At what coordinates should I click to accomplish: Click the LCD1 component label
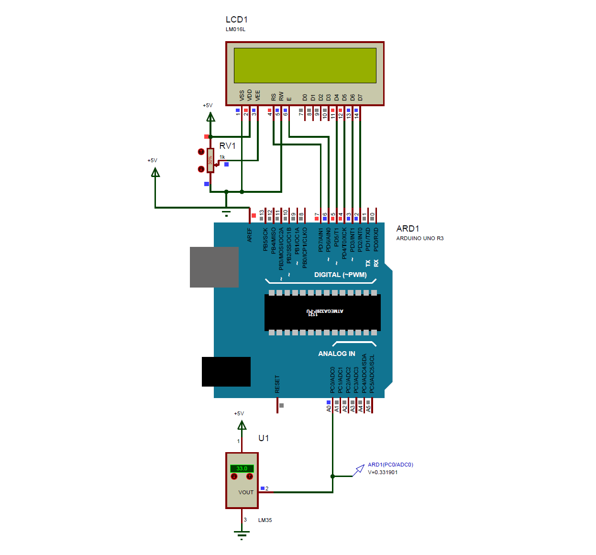coord(236,20)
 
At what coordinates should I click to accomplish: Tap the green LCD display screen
coord(305,65)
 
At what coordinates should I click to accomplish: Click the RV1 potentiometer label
coord(227,146)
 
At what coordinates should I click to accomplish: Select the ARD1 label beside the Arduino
coord(408,229)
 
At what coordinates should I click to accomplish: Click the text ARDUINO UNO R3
coord(419,238)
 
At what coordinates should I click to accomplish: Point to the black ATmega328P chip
coord(322,312)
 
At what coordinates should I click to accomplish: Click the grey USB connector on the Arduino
coord(214,267)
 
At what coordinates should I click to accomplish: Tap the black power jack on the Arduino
coord(226,371)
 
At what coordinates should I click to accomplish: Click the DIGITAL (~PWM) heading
coord(340,275)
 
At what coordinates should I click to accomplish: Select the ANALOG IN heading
coord(336,354)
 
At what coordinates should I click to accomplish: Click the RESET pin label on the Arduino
coord(277,384)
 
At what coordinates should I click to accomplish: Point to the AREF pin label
coord(250,235)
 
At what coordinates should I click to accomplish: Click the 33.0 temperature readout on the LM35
coord(242,468)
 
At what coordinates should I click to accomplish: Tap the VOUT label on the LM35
coord(246,492)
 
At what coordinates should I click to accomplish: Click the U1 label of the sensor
coord(264,438)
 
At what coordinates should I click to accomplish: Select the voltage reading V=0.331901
coord(383,472)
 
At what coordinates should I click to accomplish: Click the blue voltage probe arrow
coord(359,470)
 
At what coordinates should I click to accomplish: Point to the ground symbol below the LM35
coord(242,534)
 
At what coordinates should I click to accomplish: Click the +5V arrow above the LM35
coord(242,425)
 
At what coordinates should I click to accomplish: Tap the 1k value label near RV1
coord(222,157)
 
